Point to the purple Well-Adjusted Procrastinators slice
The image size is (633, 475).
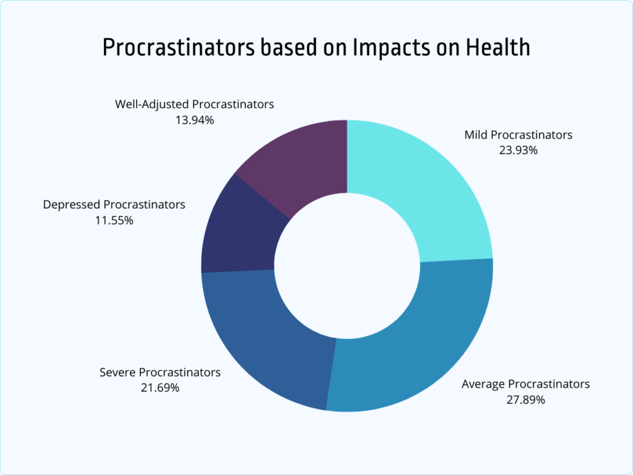pos(297,161)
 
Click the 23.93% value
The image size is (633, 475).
pos(518,150)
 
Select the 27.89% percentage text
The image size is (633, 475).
pos(525,400)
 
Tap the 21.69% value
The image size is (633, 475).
pos(159,388)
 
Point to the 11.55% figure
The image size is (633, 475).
pos(113,220)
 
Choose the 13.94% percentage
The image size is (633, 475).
pos(194,120)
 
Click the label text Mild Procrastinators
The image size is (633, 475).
pos(518,135)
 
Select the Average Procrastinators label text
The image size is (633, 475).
pos(525,384)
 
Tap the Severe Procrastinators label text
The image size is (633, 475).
pos(159,372)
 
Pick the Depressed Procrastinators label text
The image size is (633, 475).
pos(114,204)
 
